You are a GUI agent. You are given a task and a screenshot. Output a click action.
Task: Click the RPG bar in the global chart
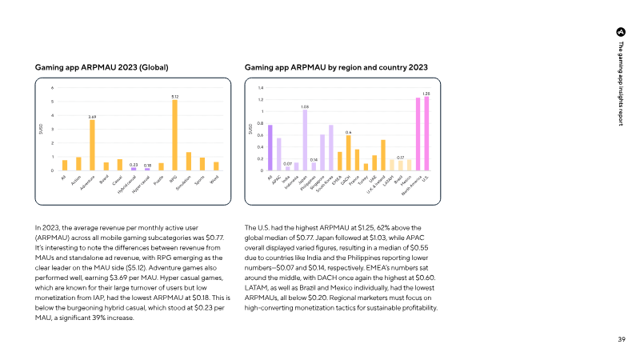174,135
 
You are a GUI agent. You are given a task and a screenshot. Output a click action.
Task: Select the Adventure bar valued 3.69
92,145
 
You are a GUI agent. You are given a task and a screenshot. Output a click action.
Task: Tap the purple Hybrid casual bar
134,169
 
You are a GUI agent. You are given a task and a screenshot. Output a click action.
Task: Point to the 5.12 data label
174,96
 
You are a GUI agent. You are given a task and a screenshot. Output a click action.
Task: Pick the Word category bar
216,166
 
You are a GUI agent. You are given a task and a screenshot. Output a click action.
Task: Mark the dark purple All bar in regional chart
270,148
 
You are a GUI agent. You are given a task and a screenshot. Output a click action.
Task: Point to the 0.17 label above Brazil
400,158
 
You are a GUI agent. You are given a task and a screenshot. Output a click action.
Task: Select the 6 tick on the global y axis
53,88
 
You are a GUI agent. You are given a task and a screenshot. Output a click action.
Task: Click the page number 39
621,339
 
